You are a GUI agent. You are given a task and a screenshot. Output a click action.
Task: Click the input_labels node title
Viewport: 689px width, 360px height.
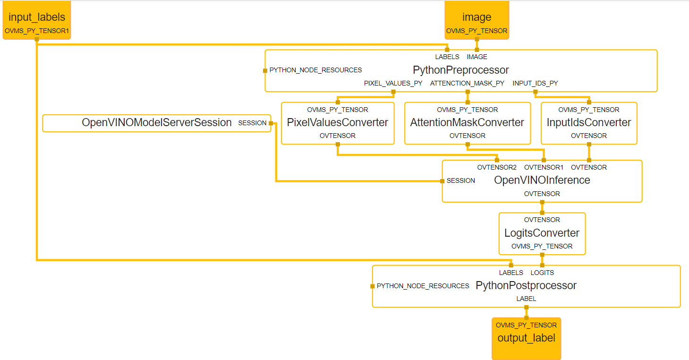coord(37,17)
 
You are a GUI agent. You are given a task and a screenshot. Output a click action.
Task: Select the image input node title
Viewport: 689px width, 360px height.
coord(476,17)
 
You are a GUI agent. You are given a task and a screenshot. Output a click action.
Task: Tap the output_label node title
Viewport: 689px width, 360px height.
coord(526,338)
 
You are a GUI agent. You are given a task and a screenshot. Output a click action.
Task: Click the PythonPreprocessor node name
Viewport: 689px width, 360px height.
coord(460,70)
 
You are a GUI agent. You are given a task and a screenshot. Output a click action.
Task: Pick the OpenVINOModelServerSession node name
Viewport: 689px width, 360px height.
coord(156,123)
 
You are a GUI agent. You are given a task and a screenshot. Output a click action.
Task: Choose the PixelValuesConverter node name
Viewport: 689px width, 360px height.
coord(337,123)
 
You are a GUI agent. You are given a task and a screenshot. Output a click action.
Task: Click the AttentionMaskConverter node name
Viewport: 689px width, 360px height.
coord(467,123)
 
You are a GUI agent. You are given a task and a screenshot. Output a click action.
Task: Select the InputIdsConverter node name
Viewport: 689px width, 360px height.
coord(588,123)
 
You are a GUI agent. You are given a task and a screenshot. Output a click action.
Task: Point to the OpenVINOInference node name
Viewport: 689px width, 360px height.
coord(542,180)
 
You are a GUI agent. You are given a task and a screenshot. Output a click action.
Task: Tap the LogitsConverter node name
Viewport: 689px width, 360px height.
coord(542,233)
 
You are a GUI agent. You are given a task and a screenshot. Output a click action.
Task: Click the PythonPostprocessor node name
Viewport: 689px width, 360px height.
coord(526,286)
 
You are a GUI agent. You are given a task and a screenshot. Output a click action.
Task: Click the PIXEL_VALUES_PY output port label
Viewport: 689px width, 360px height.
coord(393,83)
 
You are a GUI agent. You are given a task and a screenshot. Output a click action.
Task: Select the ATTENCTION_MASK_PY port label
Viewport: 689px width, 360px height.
coord(467,83)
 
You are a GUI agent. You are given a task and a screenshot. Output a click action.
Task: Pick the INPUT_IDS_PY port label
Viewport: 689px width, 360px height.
coord(535,83)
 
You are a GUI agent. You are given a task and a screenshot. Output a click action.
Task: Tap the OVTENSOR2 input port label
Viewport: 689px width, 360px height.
coord(497,167)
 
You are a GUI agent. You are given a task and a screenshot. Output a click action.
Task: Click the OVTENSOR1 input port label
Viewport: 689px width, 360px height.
coord(544,167)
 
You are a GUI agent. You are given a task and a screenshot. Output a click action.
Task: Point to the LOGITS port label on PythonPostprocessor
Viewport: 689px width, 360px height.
coord(542,273)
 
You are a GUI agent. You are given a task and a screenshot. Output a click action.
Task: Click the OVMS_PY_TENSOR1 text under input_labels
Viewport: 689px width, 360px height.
coord(37,31)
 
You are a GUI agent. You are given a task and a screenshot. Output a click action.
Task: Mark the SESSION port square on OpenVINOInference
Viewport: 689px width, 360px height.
coord(442,181)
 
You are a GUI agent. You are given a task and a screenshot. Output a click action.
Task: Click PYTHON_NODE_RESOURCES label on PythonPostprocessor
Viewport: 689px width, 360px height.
coord(423,286)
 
